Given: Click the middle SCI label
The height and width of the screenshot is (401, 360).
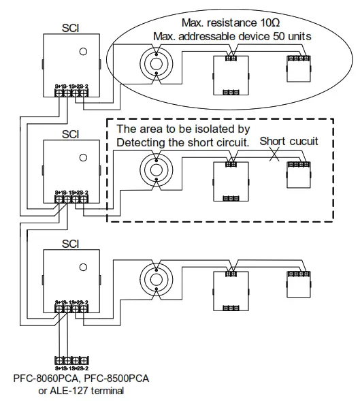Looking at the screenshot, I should click(x=70, y=135).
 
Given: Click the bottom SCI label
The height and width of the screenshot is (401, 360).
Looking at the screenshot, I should click(x=70, y=242).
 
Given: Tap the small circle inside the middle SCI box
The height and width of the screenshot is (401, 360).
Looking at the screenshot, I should click(x=82, y=157).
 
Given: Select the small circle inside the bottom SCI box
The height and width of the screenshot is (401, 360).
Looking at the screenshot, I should click(x=82, y=266).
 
